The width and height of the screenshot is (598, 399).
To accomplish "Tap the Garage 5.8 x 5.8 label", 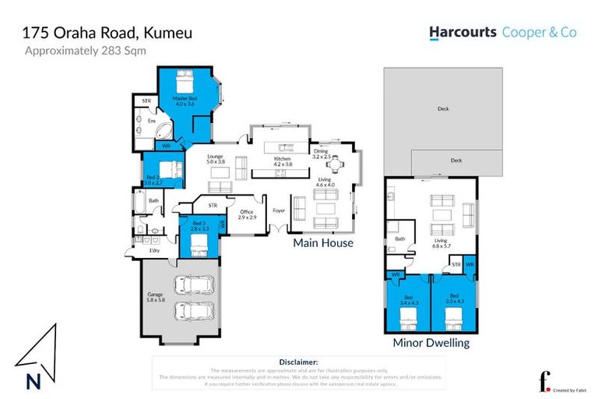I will (155, 297).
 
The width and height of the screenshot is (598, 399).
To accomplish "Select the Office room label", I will (247, 215).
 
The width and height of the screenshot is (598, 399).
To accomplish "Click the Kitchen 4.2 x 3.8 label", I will (283, 161).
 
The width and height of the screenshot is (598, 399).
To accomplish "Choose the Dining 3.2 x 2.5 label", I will (322, 154).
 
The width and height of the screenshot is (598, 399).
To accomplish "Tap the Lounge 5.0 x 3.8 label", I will (216, 159).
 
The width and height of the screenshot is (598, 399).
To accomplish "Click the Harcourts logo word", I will (462, 33).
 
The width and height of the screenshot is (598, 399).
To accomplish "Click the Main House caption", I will (322, 243).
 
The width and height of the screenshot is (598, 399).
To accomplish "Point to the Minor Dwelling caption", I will (431, 342).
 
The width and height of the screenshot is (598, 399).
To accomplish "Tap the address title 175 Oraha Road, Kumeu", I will (107, 33).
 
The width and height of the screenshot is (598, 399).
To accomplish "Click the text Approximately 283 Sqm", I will (86, 51).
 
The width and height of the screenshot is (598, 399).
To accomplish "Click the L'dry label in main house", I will (154, 250).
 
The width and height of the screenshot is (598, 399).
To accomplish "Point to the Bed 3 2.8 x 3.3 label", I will (200, 227).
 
